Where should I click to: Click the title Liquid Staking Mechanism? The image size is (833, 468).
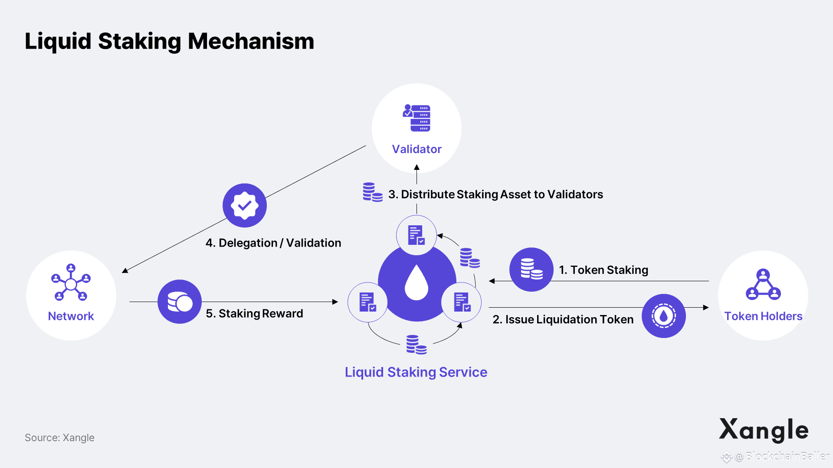click(169, 42)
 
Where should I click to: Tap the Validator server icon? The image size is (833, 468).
click(416, 117)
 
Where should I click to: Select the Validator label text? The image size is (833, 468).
click(416, 149)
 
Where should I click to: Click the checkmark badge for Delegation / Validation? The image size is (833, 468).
click(245, 205)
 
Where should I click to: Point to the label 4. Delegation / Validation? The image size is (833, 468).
click(273, 243)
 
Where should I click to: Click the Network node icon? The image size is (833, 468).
click(71, 283)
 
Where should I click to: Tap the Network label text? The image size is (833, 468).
click(71, 316)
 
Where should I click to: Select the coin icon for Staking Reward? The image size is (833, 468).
click(180, 302)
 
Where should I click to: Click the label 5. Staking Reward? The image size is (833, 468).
click(254, 313)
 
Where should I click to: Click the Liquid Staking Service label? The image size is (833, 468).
click(416, 372)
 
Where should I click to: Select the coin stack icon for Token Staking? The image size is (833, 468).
click(531, 269)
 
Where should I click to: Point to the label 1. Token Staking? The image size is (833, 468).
click(603, 270)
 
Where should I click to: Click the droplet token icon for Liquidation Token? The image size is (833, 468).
click(663, 316)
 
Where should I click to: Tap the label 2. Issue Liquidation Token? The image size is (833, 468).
click(563, 319)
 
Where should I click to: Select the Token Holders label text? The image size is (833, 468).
click(763, 316)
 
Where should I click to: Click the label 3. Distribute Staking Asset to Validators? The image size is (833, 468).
click(495, 194)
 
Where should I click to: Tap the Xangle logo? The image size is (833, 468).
click(764, 430)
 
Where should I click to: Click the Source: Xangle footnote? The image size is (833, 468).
click(59, 438)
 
